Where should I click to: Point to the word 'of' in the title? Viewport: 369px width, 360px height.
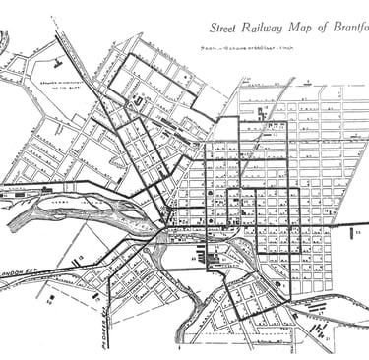[x=316, y=26]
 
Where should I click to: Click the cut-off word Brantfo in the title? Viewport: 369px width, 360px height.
[x=347, y=26]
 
